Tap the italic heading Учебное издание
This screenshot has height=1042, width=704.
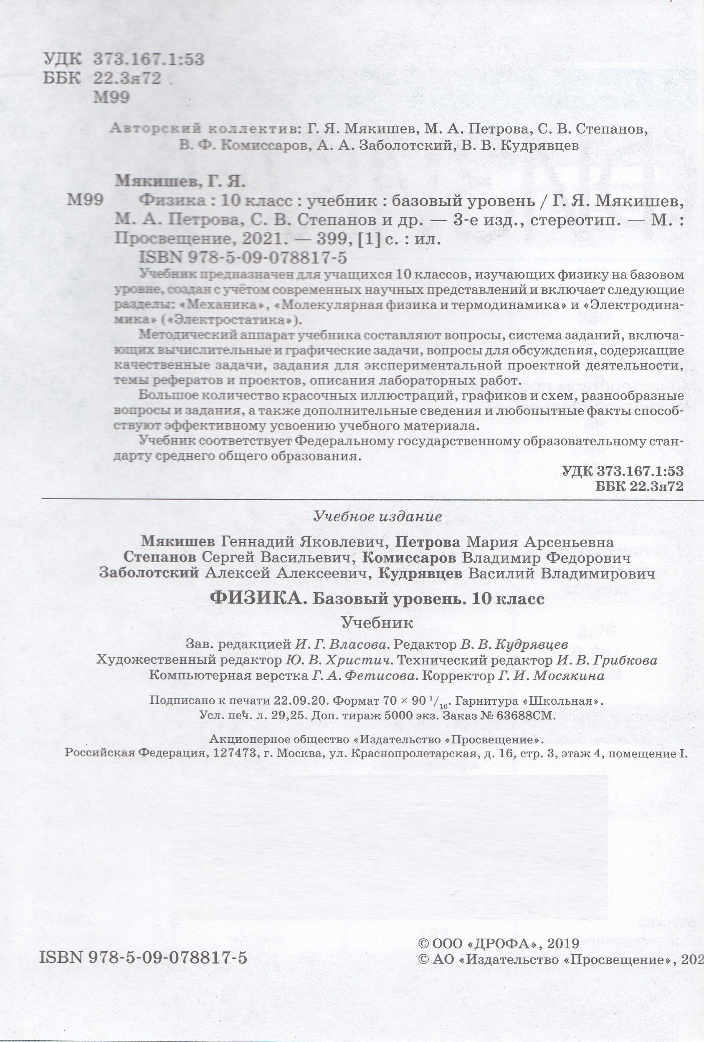click(x=377, y=516)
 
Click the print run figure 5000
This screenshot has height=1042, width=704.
click(x=394, y=716)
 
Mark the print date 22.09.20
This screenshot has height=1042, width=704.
click(x=310, y=701)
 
